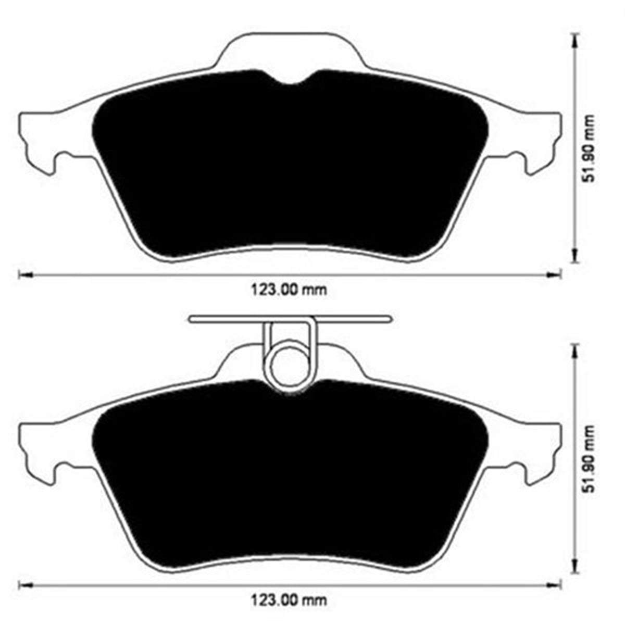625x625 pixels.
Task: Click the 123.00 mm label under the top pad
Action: click(290, 290)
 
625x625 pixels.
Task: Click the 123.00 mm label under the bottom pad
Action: click(290, 600)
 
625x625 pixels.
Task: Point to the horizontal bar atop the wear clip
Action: click(290, 319)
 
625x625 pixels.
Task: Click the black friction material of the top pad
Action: click(290, 167)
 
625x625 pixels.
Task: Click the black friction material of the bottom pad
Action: click(290, 479)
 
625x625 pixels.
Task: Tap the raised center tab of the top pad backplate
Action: click(290, 49)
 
